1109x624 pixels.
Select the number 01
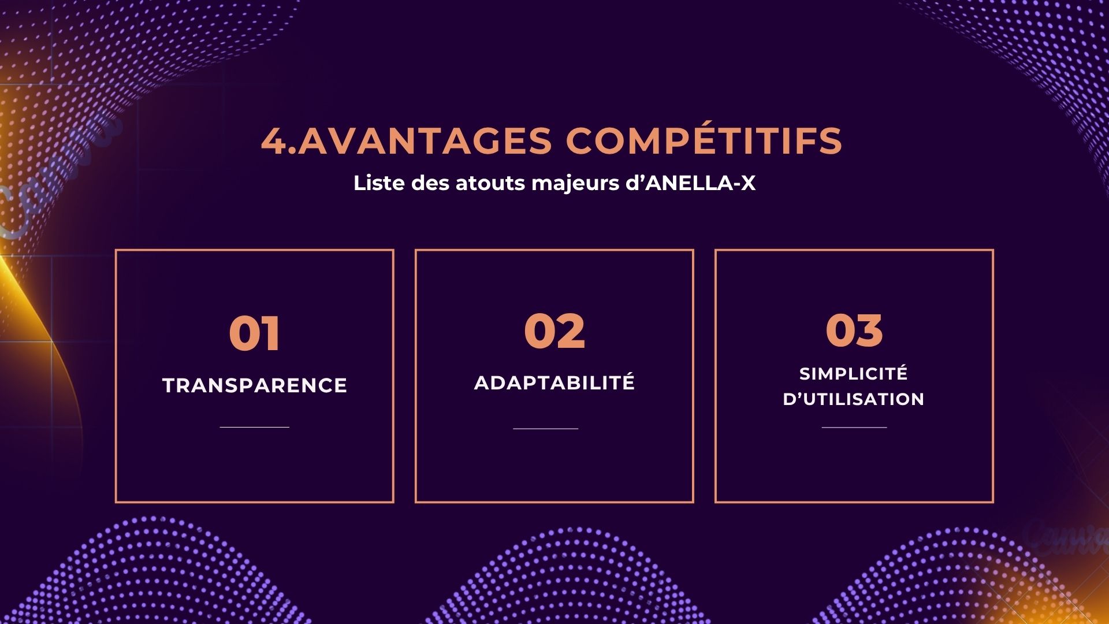[255, 333]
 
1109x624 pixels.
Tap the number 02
[554, 331]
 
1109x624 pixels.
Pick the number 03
[854, 330]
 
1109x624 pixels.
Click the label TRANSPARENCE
[255, 385]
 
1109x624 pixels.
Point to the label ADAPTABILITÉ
[554, 382]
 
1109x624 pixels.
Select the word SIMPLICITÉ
[854, 373]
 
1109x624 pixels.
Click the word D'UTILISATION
[854, 399]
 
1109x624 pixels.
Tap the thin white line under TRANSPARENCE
[255, 427]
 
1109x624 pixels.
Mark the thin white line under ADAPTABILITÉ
[546, 429]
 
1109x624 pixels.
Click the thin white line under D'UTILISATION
[854, 428]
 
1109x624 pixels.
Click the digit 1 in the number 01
[271, 333]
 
